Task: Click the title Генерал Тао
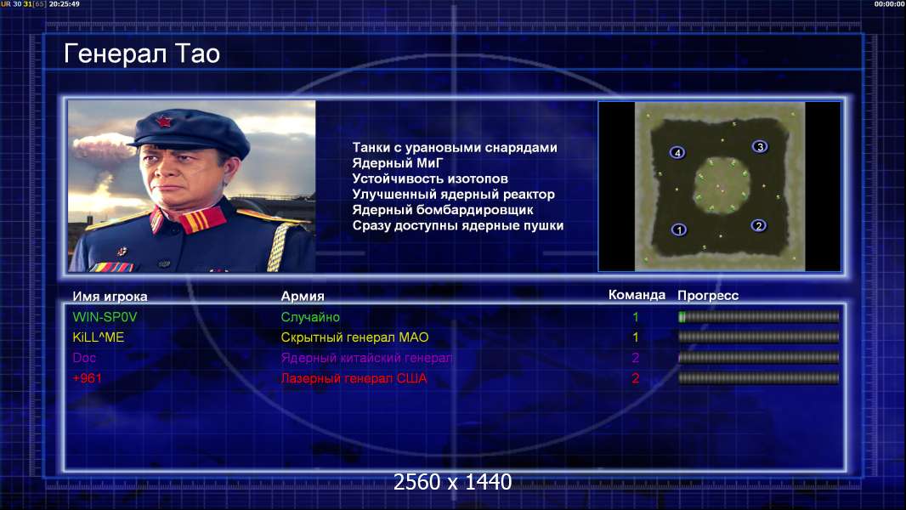click(142, 54)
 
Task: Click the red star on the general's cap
click(163, 122)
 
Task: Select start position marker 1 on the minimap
click(679, 229)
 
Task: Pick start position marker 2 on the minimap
click(759, 226)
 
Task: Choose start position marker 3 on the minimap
click(760, 147)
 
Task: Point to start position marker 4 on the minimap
click(677, 152)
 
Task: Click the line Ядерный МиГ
click(397, 163)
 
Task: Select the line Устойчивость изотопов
click(430, 179)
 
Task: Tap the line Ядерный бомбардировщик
click(443, 210)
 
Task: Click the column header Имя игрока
click(110, 297)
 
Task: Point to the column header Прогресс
click(708, 296)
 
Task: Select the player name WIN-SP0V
click(105, 317)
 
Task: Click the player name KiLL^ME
click(99, 337)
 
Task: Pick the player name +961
click(88, 378)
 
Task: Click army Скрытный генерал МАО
click(354, 337)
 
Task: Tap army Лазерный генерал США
click(354, 378)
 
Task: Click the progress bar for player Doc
click(759, 358)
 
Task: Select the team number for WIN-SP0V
click(636, 317)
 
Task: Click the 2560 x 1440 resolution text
click(452, 482)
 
